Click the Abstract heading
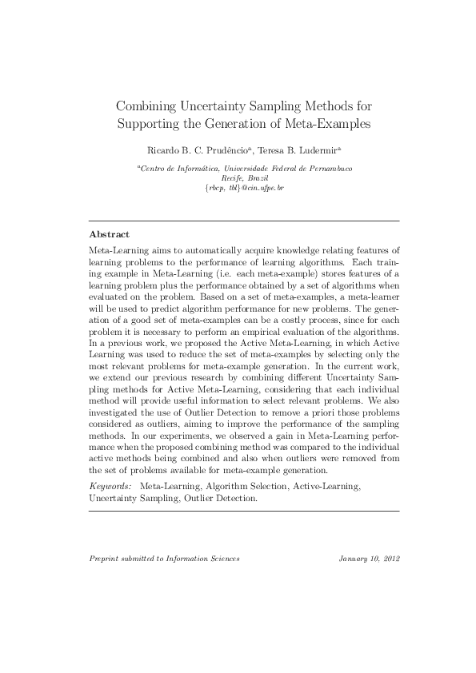pos(109,234)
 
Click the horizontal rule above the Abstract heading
pos(244,220)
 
